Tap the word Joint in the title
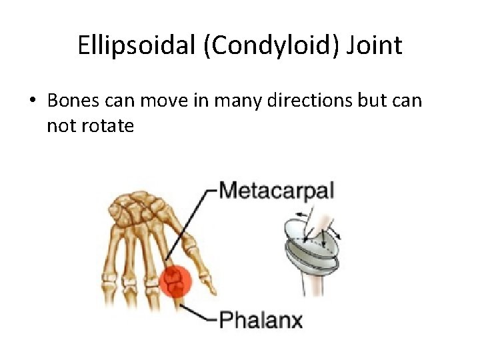coord(378,46)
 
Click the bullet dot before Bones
coord(31,101)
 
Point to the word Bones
coord(73,101)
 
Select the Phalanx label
coord(261,319)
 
